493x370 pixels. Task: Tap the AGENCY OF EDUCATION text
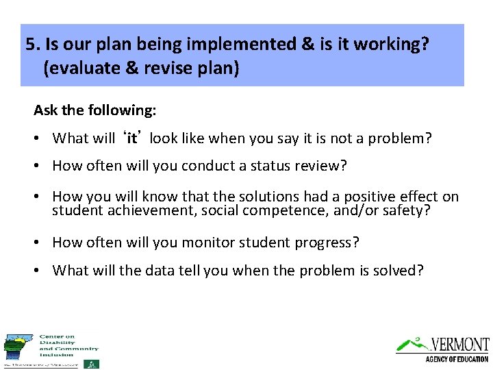457,359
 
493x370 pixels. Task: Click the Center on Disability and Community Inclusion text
68,345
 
